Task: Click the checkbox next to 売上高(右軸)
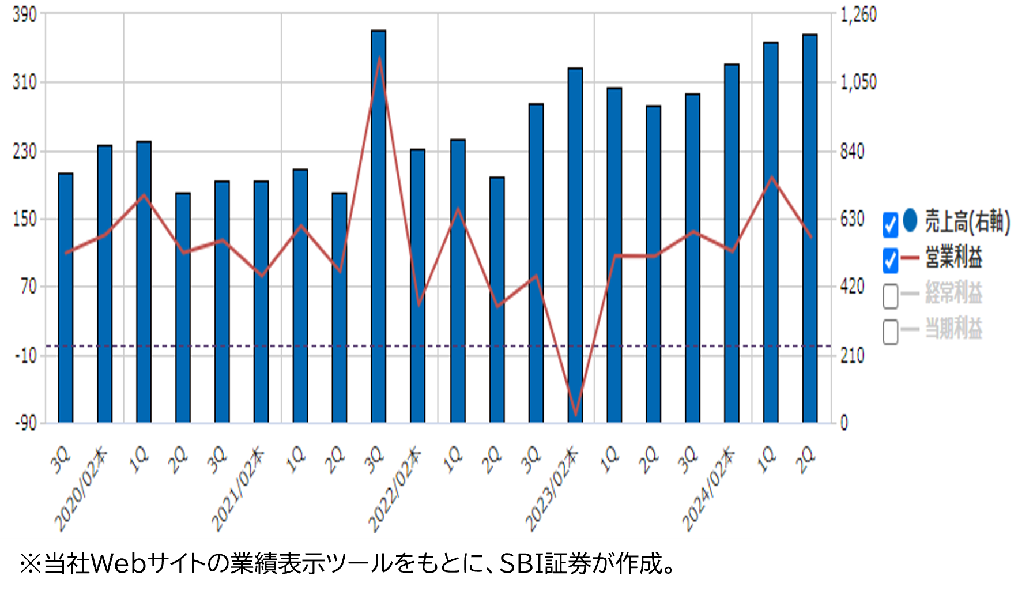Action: (x=890, y=224)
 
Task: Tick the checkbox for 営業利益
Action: (x=890, y=260)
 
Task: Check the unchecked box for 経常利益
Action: (x=890, y=296)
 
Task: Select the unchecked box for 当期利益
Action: (x=890, y=332)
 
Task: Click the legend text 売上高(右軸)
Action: (x=967, y=221)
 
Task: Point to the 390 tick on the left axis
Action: (x=24, y=14)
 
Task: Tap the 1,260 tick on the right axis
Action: (x=858, y=14)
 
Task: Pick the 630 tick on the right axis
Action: (x=852, y=219)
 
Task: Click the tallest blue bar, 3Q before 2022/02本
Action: (x=379, y=231)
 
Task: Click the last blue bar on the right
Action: (x=810, y=231)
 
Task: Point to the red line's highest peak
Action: (x=379, y=58)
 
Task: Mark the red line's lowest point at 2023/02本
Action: (x=575, y=415)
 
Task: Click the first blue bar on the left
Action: (x=66, y=300)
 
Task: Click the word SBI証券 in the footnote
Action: (x=533, y=563)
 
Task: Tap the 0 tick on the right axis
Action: (x=844, y=423)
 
